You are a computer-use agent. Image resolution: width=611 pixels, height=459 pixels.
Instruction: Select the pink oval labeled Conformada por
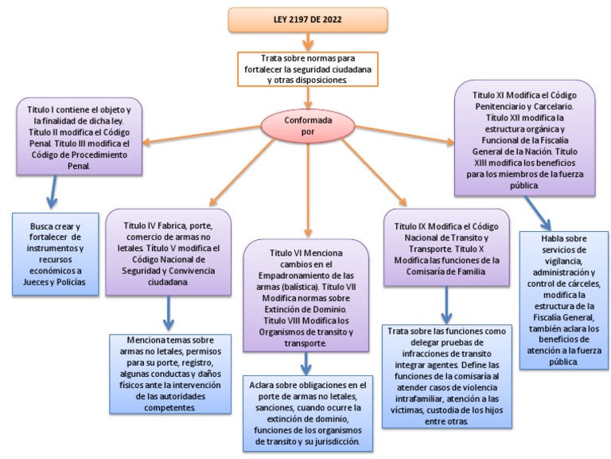(306, 125)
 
